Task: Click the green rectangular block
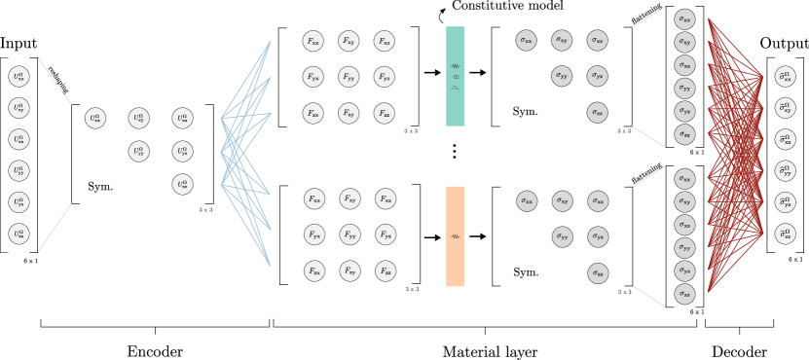click(456, 76)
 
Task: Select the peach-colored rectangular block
click(456, 236)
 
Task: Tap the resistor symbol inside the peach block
click(456, 236)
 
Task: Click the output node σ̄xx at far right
click(785, 76)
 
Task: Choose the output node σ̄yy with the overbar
click(785, 171)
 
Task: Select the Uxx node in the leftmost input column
click(18, 76)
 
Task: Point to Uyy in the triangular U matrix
click(139, 152)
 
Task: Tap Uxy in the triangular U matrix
click(139, 119)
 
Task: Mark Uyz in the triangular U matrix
click(182, 152)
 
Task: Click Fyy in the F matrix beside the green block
click(349, 77)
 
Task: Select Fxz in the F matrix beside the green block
click(385, 41)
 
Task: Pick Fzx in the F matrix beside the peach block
click(313, 271)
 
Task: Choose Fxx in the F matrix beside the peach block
click(313, 199)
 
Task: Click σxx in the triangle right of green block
click(526, 41)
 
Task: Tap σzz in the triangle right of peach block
click(598, 273)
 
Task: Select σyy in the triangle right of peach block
click(562, 236)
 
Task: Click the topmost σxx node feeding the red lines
click(685, 19)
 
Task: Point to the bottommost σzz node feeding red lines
click(685, 294)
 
